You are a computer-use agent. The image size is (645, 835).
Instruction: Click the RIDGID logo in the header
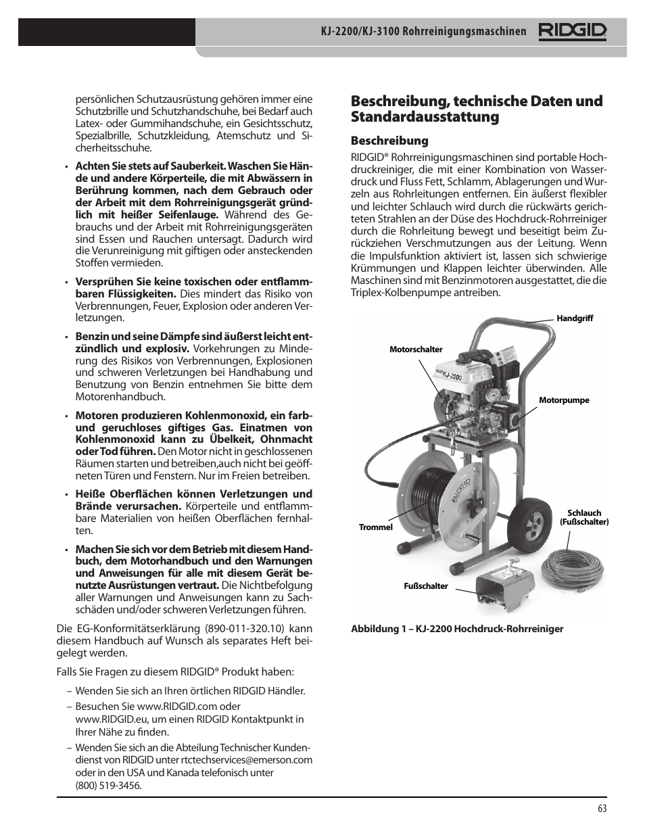(572, 32)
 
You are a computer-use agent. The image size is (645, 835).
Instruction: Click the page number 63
(602, 809)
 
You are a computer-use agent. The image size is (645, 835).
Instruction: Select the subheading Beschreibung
(389, 141)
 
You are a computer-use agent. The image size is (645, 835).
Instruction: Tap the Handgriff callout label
(574, 318)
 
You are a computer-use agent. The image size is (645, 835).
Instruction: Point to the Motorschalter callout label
(416, 350)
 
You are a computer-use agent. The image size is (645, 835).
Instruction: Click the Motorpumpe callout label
(564, 400)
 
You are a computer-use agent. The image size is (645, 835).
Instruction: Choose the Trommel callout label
(375, 527)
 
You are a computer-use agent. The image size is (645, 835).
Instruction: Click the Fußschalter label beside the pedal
(426, 586)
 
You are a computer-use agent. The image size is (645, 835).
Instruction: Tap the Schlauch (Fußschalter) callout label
(584, 517)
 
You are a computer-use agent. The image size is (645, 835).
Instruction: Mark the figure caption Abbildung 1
(456, 629)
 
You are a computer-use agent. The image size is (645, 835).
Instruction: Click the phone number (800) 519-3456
(108, 786)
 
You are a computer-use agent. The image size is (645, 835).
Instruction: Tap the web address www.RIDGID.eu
(112, 719)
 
